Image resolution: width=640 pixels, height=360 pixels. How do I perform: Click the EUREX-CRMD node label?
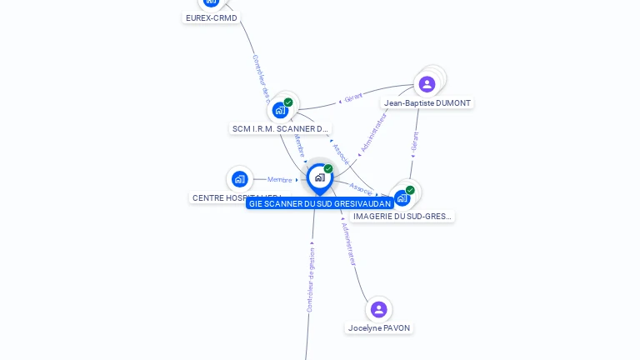coord(211,17)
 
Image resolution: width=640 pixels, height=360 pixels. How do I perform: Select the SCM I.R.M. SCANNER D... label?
coord(280,128)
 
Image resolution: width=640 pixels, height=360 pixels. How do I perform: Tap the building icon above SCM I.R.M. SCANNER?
coord(280,110)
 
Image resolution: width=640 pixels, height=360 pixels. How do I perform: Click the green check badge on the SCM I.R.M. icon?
coord(288,102)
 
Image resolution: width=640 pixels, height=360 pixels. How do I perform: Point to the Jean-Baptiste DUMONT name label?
coord(427,103)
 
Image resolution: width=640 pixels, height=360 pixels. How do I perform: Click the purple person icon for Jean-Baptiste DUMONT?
coord(427,84)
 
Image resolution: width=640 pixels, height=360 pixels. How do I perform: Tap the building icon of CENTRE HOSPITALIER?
coord(240,178)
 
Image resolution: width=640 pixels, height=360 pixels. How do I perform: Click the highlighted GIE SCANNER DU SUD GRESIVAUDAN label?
coord(320,203)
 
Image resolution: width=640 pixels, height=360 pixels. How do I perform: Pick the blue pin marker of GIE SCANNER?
coord(320,177)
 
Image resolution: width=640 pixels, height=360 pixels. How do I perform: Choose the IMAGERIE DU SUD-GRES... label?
coord(402,216)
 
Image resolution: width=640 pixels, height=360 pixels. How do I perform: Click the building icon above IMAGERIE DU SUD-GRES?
coord(402,197)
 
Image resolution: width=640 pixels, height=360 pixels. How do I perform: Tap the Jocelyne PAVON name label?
coord(379,327)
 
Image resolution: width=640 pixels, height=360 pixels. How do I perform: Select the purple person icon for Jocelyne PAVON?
coord(379,309)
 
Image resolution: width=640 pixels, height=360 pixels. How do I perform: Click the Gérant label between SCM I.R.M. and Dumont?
coord(353,98)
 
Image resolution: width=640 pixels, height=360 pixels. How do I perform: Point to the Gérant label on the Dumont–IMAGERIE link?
coord(414,142)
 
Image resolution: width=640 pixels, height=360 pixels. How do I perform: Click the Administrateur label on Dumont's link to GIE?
coord(372,133)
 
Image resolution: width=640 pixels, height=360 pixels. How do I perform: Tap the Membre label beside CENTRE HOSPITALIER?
coord(280,179)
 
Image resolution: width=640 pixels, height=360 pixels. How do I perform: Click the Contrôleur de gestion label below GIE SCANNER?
coord(311,279)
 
